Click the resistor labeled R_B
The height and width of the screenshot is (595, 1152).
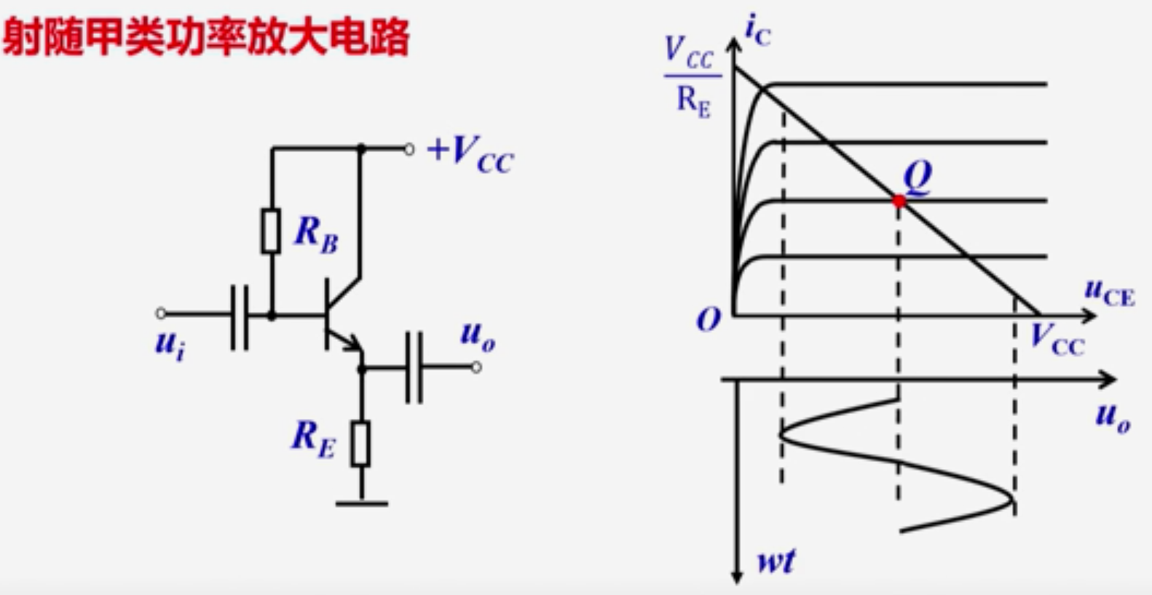click(x=271, y=231)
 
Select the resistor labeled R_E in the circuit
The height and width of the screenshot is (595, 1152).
click(x=360, y=443)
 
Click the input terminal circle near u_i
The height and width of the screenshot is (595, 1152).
click(x=161, y=314)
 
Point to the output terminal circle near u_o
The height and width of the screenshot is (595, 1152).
click(x=476, y=367)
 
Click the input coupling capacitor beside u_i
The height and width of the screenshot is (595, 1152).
click(x=239, y=317)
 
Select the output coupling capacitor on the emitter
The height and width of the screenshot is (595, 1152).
click(x=414, y=368)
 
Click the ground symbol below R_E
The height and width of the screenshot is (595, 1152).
click(x=361, y=502)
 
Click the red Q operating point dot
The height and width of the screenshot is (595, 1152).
click(x=899, y=201)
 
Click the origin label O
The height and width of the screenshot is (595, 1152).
click(x=709, y=319)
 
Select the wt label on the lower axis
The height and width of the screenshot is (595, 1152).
click(x=776, y=561)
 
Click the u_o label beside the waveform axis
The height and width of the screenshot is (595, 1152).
click(x=1113, y=418)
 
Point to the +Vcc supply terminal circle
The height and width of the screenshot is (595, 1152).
click(x=409, y=149)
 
